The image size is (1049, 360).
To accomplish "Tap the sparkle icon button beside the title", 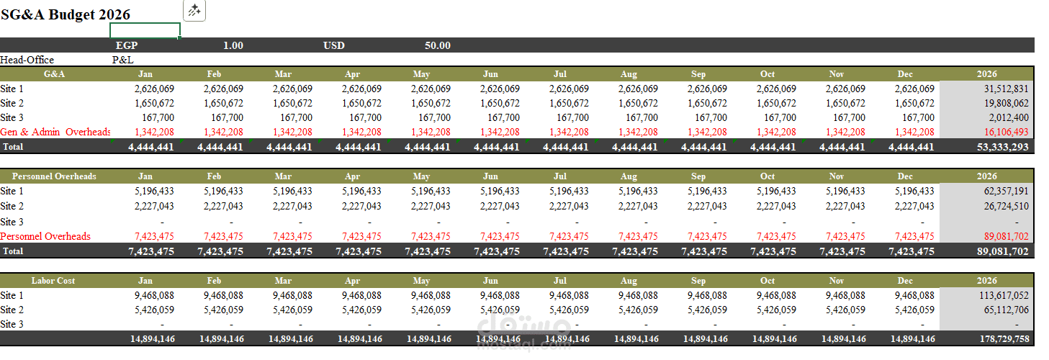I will coord(194,10).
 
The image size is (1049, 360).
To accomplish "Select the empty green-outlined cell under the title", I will coord(145,30).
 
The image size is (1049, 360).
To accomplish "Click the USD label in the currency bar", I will coord(334,45).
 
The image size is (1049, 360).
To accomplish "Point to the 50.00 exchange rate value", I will coord(437,45).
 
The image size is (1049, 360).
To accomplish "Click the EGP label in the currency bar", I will coord(126,45).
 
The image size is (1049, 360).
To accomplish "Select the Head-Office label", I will coord(27,60).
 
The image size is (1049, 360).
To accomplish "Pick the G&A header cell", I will coord(55,74).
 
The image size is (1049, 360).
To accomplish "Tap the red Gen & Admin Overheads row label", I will coord(55,132).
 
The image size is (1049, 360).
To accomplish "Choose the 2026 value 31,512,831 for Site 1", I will coord(1005,89).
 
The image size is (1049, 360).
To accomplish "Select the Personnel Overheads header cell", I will coord(55,176).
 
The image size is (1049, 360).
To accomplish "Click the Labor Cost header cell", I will coord(53,281).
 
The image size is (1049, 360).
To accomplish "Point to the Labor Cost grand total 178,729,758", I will coord(1000,338).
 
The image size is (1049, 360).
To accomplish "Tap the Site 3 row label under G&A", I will coord(12,117).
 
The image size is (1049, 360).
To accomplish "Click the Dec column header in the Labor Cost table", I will coord(905,281).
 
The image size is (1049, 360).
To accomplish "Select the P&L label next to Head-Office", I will coord(122,60).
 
